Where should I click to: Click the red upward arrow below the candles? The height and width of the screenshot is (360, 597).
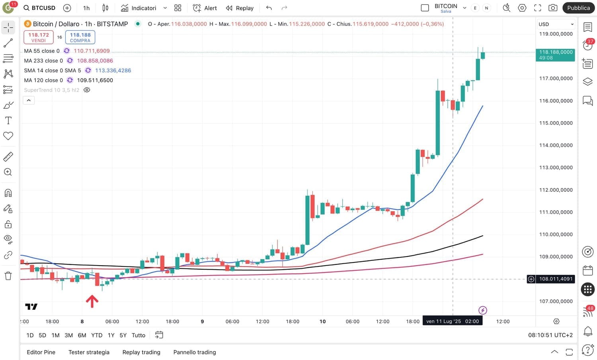click(92, 301)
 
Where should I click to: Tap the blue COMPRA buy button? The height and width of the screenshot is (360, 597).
click(80, 37)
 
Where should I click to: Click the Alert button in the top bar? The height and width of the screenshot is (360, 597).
click(205, 8)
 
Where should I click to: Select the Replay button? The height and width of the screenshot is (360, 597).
click(240, 8)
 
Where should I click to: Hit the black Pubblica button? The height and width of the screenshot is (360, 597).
click(578, 8)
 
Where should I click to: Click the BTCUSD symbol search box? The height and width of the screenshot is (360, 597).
click(39, 8)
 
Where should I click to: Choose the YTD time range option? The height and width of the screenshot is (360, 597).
click(97, 335)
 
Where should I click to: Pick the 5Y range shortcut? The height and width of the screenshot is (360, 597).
click(123, 335)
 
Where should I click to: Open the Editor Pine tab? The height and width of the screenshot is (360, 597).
click(41, 352)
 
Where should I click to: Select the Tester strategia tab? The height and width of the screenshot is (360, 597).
click(89, 352)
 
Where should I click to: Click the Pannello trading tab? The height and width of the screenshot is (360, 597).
click(195, 352)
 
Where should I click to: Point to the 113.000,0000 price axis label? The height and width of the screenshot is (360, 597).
click(556, 168)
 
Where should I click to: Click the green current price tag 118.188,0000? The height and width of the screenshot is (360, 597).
click(555, 55)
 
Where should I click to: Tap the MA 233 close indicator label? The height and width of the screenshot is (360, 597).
click(43, 61)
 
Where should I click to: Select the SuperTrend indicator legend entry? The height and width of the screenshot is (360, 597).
click(52, 90)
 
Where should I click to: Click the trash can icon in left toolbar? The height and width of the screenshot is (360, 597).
click(8, 276)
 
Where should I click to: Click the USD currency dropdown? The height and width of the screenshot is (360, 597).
click(556, 24)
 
